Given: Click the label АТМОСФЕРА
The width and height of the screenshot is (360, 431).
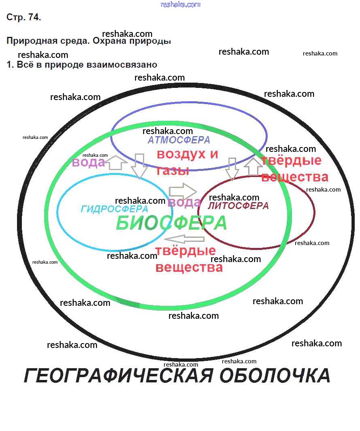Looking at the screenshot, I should [x=179, y=140].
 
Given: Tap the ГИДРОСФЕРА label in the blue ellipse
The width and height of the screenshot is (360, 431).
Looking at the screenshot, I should [x=114, y=209].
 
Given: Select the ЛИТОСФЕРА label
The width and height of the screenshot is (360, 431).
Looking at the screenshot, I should [x=238, y=206].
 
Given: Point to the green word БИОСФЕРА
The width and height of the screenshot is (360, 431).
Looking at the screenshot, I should [x=171, y=224].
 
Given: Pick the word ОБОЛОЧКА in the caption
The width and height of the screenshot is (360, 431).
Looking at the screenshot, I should [x=275, y=376].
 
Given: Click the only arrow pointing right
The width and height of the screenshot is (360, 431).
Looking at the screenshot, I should [x=182, y=190].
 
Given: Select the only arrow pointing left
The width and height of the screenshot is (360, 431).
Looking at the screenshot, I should [x=185, y=239].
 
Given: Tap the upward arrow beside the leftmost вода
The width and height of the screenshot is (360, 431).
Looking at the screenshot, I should [x=118, y=162].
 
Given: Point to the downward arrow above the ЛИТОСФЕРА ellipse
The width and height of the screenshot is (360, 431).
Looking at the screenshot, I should [x=232, y=169].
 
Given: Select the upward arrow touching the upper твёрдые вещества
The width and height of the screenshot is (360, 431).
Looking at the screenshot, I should [x=253, y=166].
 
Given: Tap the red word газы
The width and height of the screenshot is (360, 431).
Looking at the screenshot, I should [x=173, y=171].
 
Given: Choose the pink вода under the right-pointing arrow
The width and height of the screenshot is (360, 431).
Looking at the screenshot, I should [x=184, y=203].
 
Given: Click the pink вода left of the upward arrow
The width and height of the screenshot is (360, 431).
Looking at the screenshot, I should [x=88, y=163].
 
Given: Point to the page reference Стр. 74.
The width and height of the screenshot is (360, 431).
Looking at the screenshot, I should [x=23, y=17].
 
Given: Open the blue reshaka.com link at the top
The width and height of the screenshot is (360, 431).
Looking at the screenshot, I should [x=181, y=4].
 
